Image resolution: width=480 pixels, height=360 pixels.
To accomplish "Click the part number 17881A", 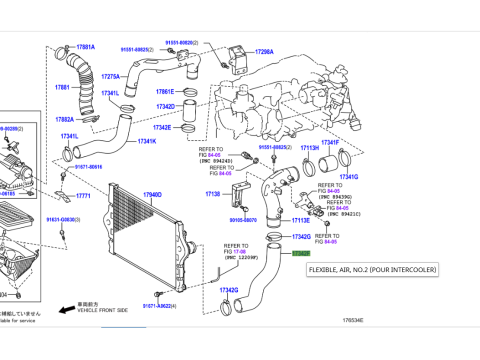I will (86, 47).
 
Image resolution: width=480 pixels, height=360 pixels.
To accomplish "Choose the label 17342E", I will (162, 127).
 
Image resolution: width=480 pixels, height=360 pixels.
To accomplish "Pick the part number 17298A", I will (264, 51).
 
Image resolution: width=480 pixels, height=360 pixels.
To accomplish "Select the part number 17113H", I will (310, 147).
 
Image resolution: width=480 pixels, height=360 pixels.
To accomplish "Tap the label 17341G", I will (349, 177).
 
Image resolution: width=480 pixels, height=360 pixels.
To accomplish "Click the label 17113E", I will (301, 219).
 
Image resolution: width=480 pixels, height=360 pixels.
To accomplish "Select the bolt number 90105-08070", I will (243, 220).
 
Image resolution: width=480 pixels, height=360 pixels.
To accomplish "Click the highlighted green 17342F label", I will (300, 254).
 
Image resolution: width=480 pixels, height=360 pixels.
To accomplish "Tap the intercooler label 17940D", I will (152, 195).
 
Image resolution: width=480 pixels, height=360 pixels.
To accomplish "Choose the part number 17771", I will (83, 196).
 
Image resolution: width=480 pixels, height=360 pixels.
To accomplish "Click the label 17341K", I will (147, 141).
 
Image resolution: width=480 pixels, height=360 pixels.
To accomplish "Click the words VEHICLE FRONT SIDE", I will (104, 311).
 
